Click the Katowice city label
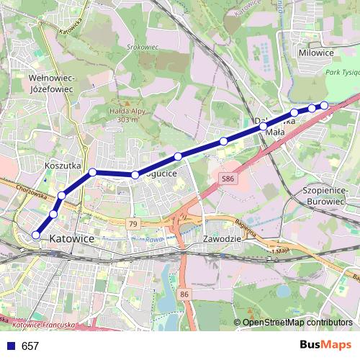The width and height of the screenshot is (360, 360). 72,238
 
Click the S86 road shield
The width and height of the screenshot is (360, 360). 228,179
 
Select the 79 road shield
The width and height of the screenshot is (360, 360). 133,225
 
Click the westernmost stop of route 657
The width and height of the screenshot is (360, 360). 36,234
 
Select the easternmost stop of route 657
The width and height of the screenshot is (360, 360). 324,106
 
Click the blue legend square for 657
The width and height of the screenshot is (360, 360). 10,346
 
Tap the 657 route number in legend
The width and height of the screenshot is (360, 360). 30,346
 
